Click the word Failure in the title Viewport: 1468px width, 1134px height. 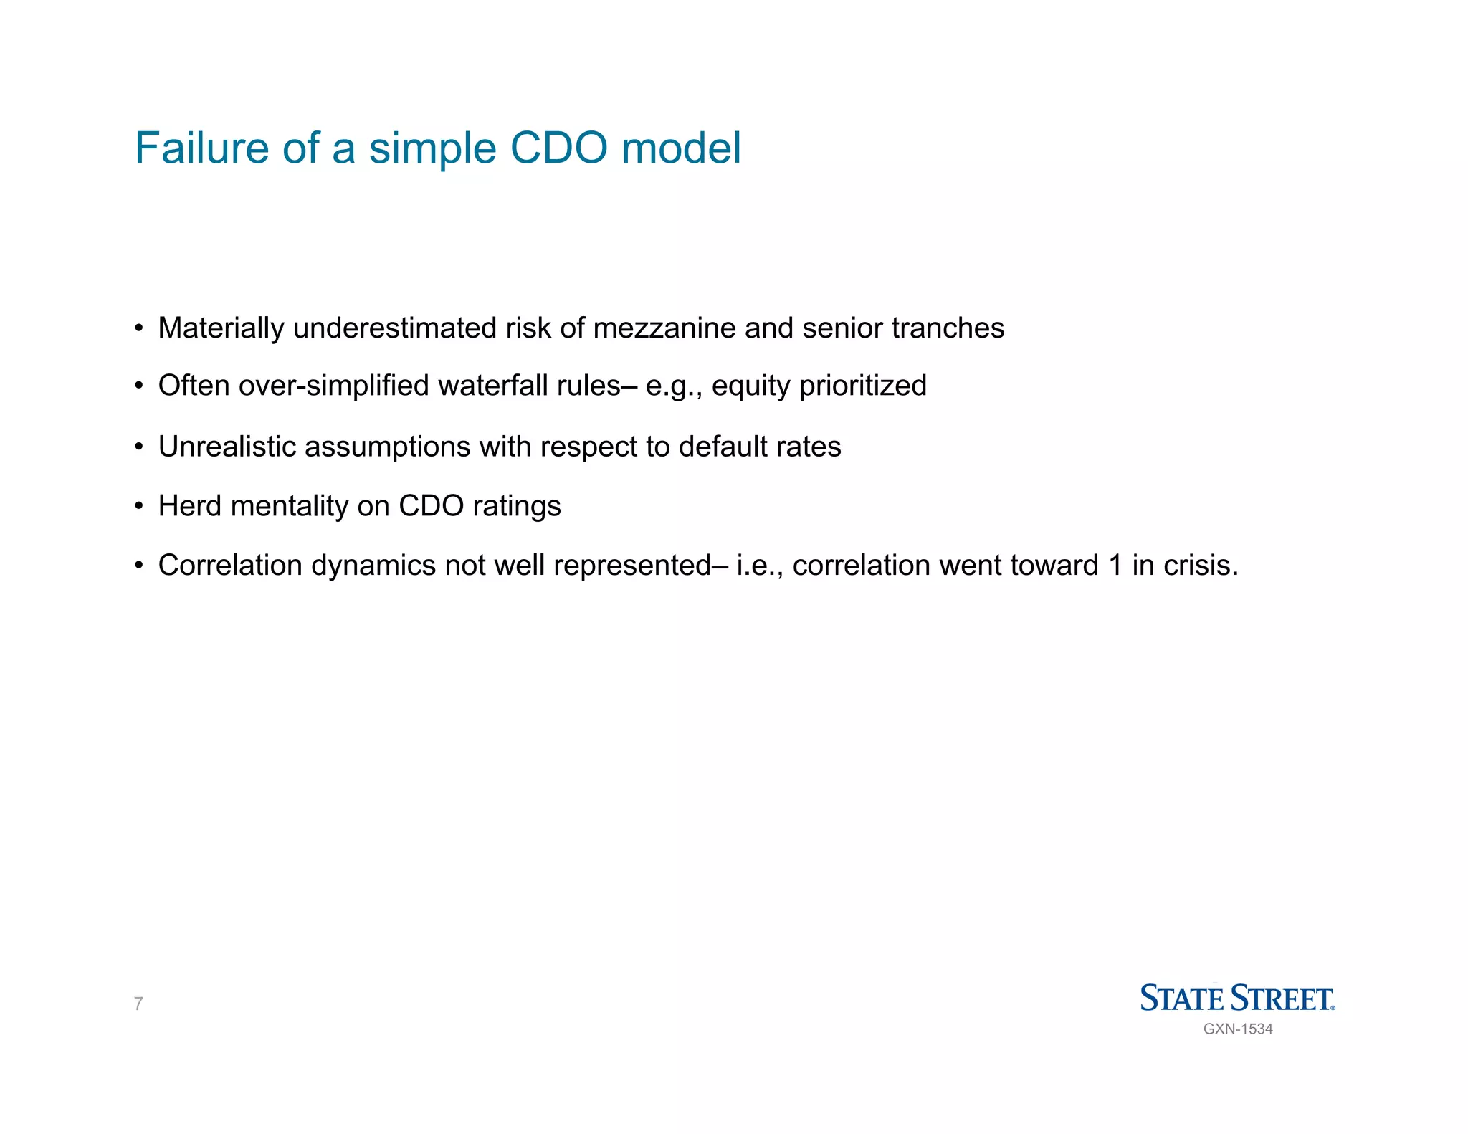point(201,148)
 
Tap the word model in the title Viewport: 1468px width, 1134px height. point(681,148)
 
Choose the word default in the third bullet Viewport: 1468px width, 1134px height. point(724,447)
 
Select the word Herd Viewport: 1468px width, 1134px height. point(188,506)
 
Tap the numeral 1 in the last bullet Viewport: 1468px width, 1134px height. point(1115,566)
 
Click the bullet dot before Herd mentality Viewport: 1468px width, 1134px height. point(138,507)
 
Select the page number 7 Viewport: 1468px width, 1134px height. point(138,1004)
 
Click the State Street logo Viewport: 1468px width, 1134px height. point(1237,998)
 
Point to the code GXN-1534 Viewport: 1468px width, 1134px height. point(1238,1029)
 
